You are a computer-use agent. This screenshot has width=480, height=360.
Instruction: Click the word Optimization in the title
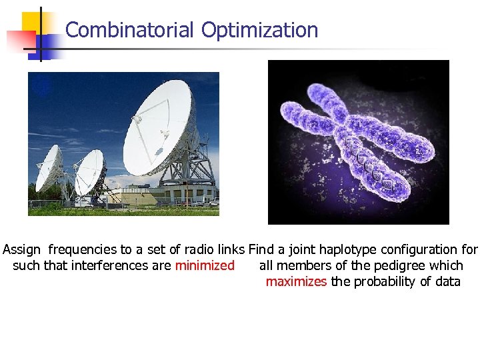259,30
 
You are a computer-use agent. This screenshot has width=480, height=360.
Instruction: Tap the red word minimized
205,265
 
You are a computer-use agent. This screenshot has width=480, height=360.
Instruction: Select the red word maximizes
296,281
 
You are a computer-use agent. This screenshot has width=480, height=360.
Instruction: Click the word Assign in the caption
22,250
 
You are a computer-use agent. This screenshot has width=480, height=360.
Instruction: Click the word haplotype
347,250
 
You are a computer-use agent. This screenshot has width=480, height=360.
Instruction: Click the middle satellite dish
89,171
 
